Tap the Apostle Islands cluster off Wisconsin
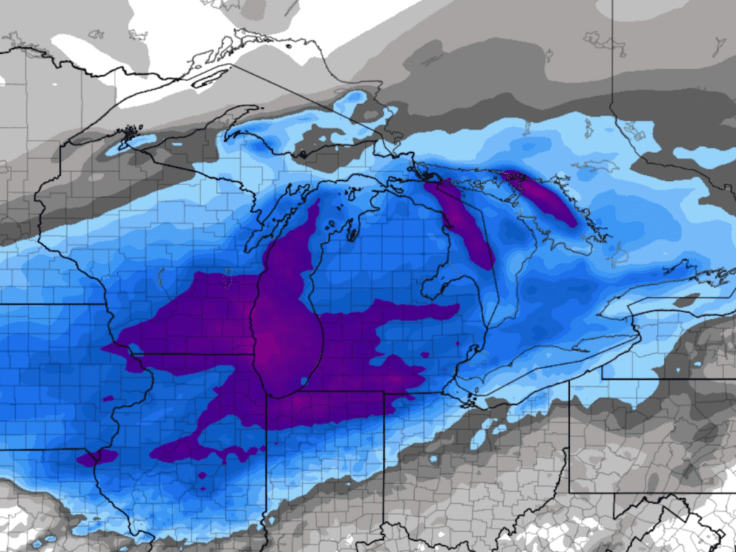129,132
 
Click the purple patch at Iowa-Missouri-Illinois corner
96,457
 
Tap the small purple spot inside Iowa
108,398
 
